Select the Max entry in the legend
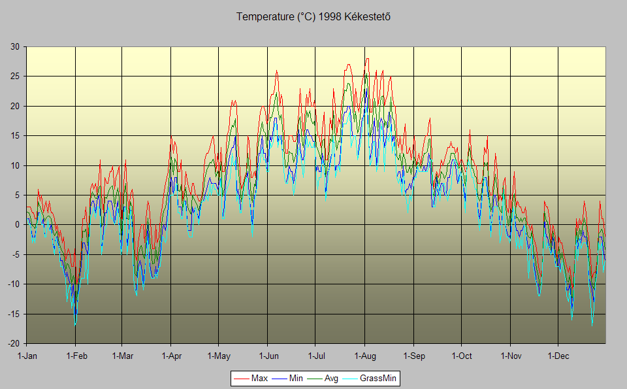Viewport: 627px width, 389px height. click(x=259, y=379)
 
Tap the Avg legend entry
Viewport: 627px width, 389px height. click(x=331, y=379)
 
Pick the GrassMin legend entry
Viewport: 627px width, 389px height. click(x=378, y=379)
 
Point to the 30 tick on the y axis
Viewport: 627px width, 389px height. click(x=14, y=46)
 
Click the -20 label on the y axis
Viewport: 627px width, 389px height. click(x=13, y=344)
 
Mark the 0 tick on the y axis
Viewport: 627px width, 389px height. click(x=17, y=225)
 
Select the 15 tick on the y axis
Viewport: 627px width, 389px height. click(x=14, y=136)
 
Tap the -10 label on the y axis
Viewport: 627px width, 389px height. click(x=13, y=284)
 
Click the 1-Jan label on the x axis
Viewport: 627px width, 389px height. click(x=27, y=356)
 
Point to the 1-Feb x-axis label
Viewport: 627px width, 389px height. click(x=76, y=356)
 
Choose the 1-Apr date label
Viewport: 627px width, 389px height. click(x=171, y=356)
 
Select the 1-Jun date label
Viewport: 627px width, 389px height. click(x=268, y=356)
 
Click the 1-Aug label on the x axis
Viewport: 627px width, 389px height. click(x=364, y=356)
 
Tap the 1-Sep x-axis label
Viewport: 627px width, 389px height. click(x=413, y=356)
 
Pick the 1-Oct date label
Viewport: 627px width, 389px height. click(x=461, y=356)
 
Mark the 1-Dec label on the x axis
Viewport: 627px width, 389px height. click(x=558, y=356)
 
